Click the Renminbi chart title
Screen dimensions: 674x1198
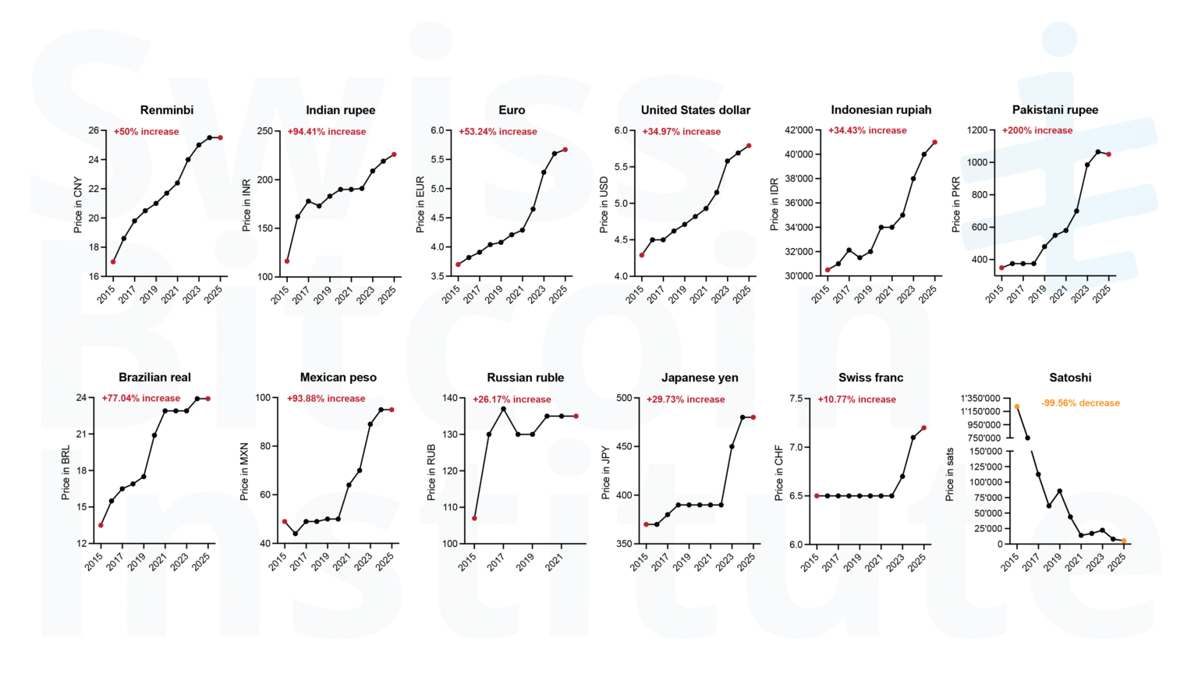tap(167, 110)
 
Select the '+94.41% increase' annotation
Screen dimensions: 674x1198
tap(327, 132)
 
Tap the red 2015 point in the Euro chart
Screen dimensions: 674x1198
tap(458, 264)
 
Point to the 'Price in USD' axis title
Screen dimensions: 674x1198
tap(604, 204)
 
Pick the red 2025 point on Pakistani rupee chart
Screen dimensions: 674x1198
tap(1108, 154)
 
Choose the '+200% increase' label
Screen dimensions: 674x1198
tap(1037, 130)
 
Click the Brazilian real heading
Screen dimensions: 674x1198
tap(154, 378)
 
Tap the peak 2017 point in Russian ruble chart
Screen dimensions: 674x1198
tap(503, 409)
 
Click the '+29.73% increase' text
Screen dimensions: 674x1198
tap(686, 399)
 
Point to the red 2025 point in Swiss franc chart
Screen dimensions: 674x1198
tap(924, 427)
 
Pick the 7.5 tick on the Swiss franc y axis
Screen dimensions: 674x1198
tap(796, 399)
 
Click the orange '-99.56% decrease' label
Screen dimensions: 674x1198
tap(1080, 403)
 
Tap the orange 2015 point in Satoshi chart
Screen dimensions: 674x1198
tap(1017, 406)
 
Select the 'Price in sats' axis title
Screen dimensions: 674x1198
tap(949, 474)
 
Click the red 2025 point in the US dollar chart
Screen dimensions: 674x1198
tap(749, 146)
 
